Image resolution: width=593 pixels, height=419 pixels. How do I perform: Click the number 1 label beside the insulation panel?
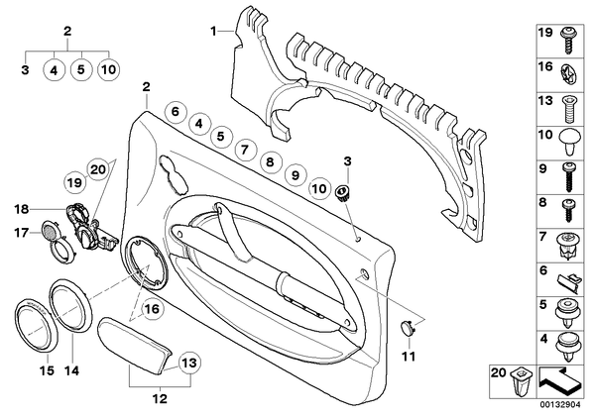pos(213,31)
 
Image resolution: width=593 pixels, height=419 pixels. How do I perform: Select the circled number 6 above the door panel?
pos(175,112)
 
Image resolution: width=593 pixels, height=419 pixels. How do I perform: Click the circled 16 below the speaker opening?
pos(153,309)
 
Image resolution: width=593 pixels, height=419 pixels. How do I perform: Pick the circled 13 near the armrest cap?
pos(189,364)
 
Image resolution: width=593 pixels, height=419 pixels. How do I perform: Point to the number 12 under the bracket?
pos(160,398)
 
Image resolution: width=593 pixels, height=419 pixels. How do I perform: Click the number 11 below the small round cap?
pos(409,356)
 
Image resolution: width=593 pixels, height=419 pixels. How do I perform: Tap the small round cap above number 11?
pos(408,327)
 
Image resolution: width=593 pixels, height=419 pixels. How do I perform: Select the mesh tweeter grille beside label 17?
pos(49,230)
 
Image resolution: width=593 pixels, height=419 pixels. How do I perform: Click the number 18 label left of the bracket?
pos(22,209)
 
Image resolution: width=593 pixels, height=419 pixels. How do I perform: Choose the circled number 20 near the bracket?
pos(98,169)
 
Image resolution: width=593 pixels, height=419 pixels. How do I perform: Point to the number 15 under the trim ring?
pos(48,370)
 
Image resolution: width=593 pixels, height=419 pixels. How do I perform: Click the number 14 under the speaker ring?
pos(71,370)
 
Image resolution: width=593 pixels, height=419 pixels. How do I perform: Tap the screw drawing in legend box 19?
pos(566,41)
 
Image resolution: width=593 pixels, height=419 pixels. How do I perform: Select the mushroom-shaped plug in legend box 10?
pos(569,142)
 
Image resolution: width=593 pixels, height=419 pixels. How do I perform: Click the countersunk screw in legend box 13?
pos(568,109)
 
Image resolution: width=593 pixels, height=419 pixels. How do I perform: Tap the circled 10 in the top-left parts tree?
pos(108,70)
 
